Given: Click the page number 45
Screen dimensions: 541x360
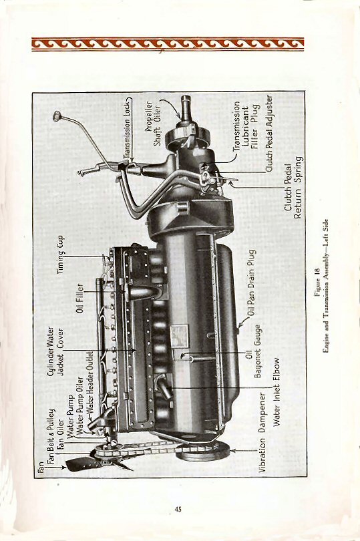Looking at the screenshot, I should pos(178,510).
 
